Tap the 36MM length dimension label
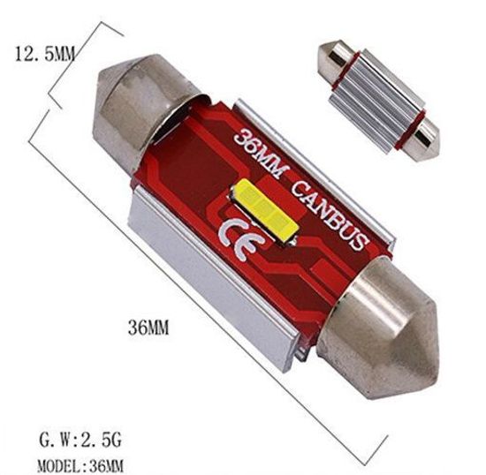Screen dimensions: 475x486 [147, 328]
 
